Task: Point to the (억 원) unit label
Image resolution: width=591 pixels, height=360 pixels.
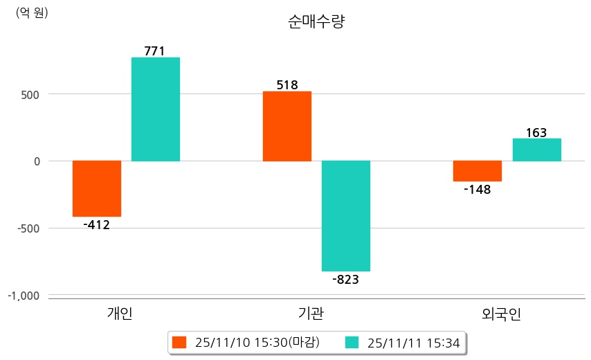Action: (32, 12)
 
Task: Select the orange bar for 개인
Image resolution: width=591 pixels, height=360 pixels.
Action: (97, 188)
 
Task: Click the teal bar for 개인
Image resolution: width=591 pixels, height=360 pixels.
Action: (156, 109)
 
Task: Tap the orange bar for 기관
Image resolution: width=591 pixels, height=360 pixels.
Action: (287, 126)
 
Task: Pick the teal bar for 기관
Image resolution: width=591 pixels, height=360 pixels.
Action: (346, 215)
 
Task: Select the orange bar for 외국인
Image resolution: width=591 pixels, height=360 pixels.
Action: (478, 171)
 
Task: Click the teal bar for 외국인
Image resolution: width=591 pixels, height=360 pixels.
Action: (536, 150)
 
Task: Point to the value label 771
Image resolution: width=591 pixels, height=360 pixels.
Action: (155, 51)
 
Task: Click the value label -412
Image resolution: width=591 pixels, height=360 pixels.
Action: (96, 225)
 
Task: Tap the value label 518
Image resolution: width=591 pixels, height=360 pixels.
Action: (287, 85)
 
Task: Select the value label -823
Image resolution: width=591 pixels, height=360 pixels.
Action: (345, 280)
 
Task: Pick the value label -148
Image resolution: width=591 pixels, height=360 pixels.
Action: (477, 190)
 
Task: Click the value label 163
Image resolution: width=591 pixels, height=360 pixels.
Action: (536, 132)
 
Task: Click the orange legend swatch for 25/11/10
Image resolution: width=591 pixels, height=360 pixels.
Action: (180, 342)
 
